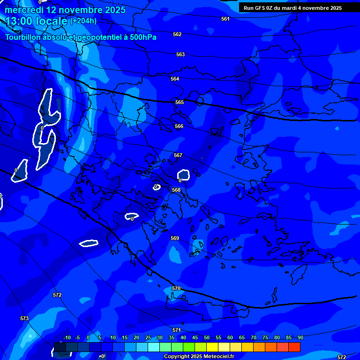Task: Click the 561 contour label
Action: tap(225, 19)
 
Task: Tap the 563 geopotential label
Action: tap(180, 54)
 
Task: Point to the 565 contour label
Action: tap(180, 102)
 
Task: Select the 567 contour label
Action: tap(178, 155)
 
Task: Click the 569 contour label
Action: tap(175, 238)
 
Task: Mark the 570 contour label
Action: tap(176, 288)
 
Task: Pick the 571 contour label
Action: tap(177, 330)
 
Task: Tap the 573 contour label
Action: tap(24, 318)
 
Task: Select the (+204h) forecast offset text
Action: tap(83, 21)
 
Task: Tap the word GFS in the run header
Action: tap(259, 8)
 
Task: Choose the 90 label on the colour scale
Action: tap(300, 337)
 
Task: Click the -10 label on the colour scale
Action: tap(67, 337)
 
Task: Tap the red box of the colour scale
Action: tap(294, 347)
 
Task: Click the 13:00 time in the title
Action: tap(20, 21)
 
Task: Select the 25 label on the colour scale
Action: tap(148, 337)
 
